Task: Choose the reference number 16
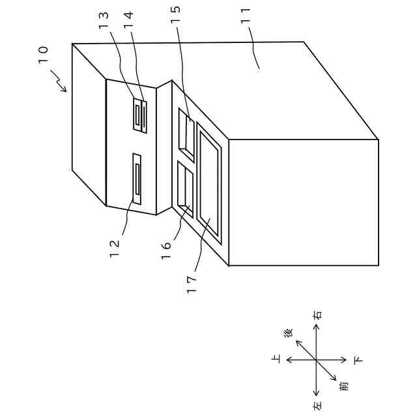pos(167,242)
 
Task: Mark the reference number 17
pos(191,284)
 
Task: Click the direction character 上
pos(276,359)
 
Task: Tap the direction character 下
pos(358,360)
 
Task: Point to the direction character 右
pos(317,315)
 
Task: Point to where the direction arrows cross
pos(317,360)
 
